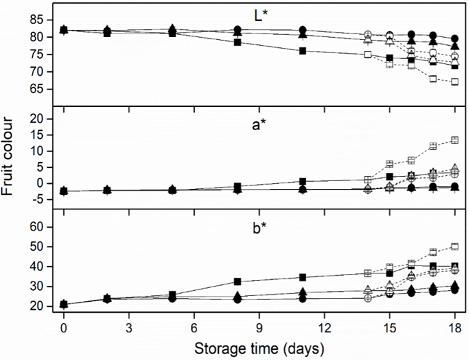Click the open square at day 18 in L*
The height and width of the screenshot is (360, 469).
click(x=454, y=81)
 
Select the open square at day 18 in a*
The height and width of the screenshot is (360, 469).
click(x=454, y=140)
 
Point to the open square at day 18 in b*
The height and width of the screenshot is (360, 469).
click(x=454, y=247)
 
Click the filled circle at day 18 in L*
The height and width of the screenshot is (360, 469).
click(x=454, y=39)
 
